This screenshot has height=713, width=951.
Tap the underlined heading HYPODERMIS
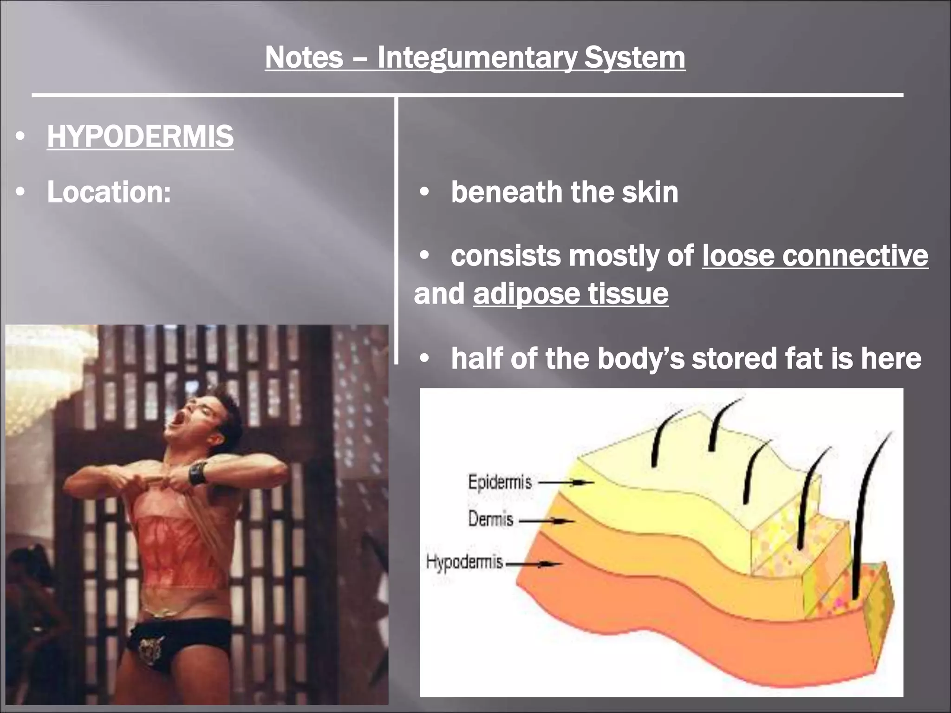[140, 136]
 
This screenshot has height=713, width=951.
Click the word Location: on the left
[109, 192]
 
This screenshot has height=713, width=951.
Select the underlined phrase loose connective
[815, 256]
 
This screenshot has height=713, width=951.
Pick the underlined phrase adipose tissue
[571, 294]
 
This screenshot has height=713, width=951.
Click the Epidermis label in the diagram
[499, 483]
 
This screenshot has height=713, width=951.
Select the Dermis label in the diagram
[490, 519]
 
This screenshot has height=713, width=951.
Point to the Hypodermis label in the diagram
[464, 563]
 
